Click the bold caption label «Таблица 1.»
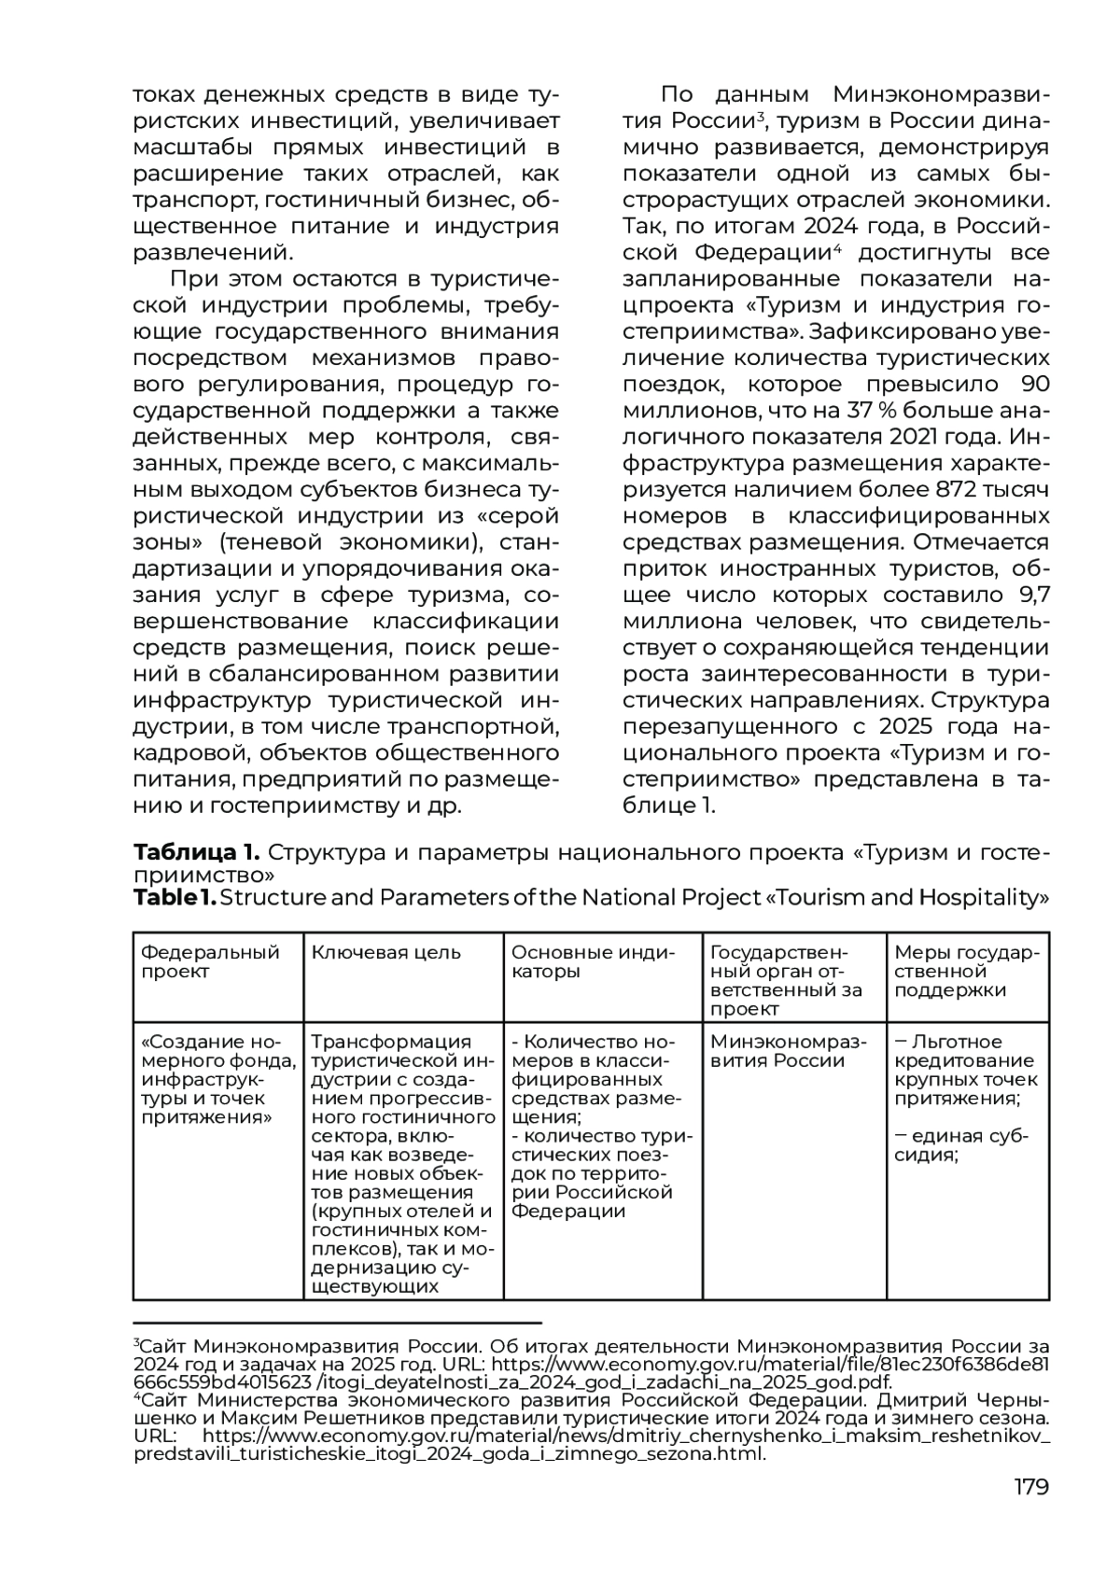click(x=195, y=852)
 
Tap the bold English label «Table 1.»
click(x=175, y=898)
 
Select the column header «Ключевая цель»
click(x=385, y=953)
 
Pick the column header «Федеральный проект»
click(x=210, y=962)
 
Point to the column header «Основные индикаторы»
click(x=593, y=962)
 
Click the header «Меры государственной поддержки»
click(x=966, y=972)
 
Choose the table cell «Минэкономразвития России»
click(x=788, y=1051)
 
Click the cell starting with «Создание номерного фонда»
click(x=217, y=1079)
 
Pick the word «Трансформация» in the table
click(x=391, y=1042)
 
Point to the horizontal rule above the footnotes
click(x=338, y=1323)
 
